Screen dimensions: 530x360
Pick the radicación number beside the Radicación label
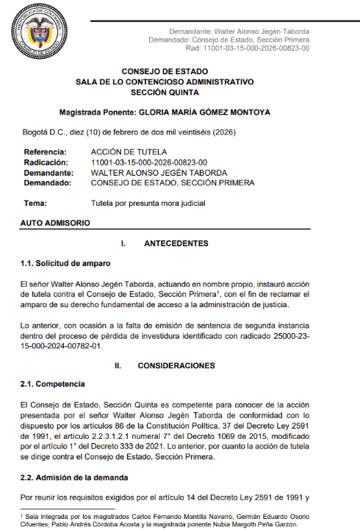point(149,162)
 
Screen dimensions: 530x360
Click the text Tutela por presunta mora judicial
point(148,203)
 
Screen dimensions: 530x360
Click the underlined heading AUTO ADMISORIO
point(55,222)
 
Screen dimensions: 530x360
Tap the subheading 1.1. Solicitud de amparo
point(65,262)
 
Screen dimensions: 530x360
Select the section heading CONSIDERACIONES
point(179,365)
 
